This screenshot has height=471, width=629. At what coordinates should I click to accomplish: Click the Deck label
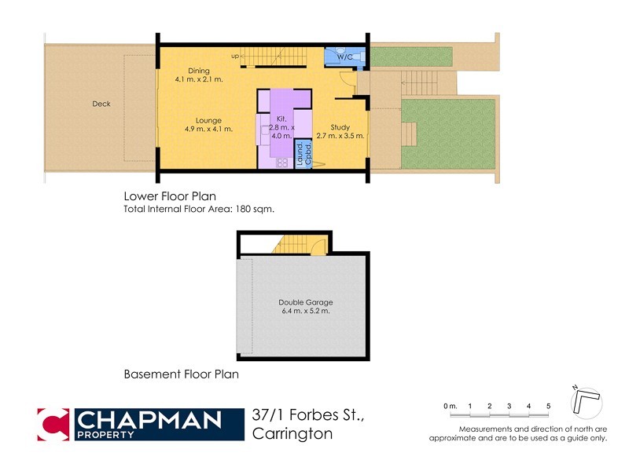click(101, 104)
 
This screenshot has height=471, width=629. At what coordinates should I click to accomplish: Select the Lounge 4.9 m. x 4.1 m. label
click(208, 124)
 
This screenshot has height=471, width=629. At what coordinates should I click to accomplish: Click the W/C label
click(344, 57)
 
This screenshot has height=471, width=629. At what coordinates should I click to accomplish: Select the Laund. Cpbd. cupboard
click(303, 154)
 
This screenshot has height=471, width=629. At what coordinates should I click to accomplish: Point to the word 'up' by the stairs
click(234, 56)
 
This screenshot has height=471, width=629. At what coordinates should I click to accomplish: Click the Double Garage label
click(303, 302)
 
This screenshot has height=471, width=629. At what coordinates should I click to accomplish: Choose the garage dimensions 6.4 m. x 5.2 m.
click(303, 312)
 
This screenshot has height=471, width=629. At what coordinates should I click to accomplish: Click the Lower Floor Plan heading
click(170, 196)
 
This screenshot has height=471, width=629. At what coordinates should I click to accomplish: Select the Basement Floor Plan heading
click(181, 374)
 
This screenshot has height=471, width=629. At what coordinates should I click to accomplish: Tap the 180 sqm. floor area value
click(256, 209)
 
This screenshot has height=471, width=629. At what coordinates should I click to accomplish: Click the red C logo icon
click(53, 424)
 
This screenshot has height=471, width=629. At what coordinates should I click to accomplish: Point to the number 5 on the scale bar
click(548, 405)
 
